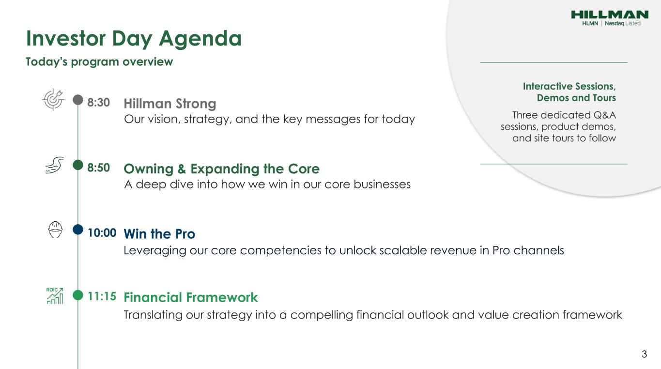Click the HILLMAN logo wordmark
point(610,15)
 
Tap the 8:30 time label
point(99,103)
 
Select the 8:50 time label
point(99,168)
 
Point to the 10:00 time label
point(102,232)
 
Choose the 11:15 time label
point(102,296)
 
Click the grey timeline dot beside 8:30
point(78,100)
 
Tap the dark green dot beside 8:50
point(78,165)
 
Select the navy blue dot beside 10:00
point(78,230)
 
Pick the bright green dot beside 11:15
point(78,295)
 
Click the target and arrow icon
point(53,99)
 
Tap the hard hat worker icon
point(55,230)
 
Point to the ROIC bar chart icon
point(55,296)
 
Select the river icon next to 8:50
point(55,165)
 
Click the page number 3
point(644,354)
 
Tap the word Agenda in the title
point(200,39)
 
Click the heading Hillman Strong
point(170,104)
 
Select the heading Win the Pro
point(159,234)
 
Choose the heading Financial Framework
point(191,297)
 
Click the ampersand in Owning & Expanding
point(182,169)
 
